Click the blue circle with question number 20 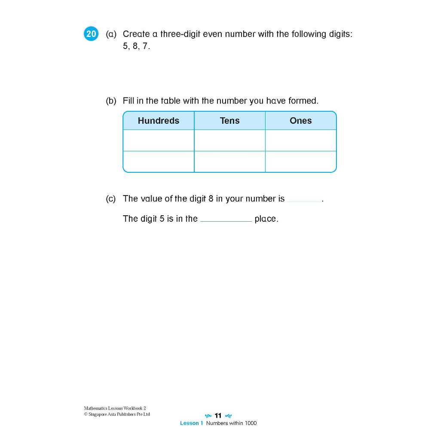(x=91, y=34)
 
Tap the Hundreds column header (x=159, y=121)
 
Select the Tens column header (x=230, y=121)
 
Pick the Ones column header (x=301, y=121)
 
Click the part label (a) (x=111, y=34)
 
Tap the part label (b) (x=111, y=101)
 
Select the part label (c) (x=111, y=199)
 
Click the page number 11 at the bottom (x=218, y=416)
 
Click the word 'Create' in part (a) (x=136, y=34)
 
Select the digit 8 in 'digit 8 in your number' (x=211, y=199)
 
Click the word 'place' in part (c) (x=266, y=219)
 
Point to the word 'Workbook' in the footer (x=132, y=408)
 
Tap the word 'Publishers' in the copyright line (x=122, y=414)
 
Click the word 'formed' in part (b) (x=303, y=101)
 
